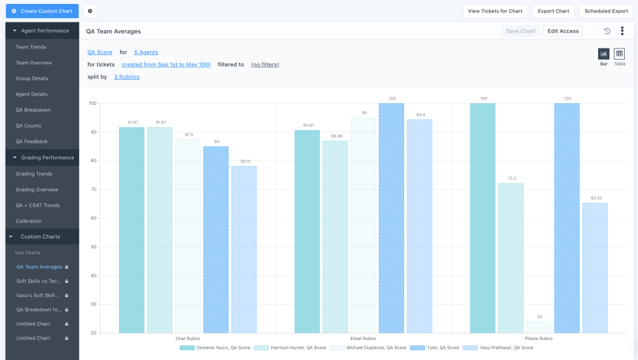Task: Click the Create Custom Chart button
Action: tap(42, 11)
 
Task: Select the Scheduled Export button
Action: tap(606, 11)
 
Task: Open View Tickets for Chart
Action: tap(495, 11)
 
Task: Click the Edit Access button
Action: tap(563, 31)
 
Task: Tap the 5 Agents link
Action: tap(146, 52)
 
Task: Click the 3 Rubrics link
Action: tap(126, 77)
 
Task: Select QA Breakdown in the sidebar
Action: tap(33, 110)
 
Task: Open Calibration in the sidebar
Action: tap(29, 221)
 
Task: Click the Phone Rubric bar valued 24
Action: tap(539, 327)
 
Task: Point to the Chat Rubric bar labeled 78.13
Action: tap(244, 249)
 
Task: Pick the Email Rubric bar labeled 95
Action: tap(364, 225)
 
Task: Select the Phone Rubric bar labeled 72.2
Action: tap(511, 258)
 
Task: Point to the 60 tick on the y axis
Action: tap(92, 218)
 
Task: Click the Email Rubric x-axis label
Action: tap(363, 339)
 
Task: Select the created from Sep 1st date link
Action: tap(166, 64)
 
